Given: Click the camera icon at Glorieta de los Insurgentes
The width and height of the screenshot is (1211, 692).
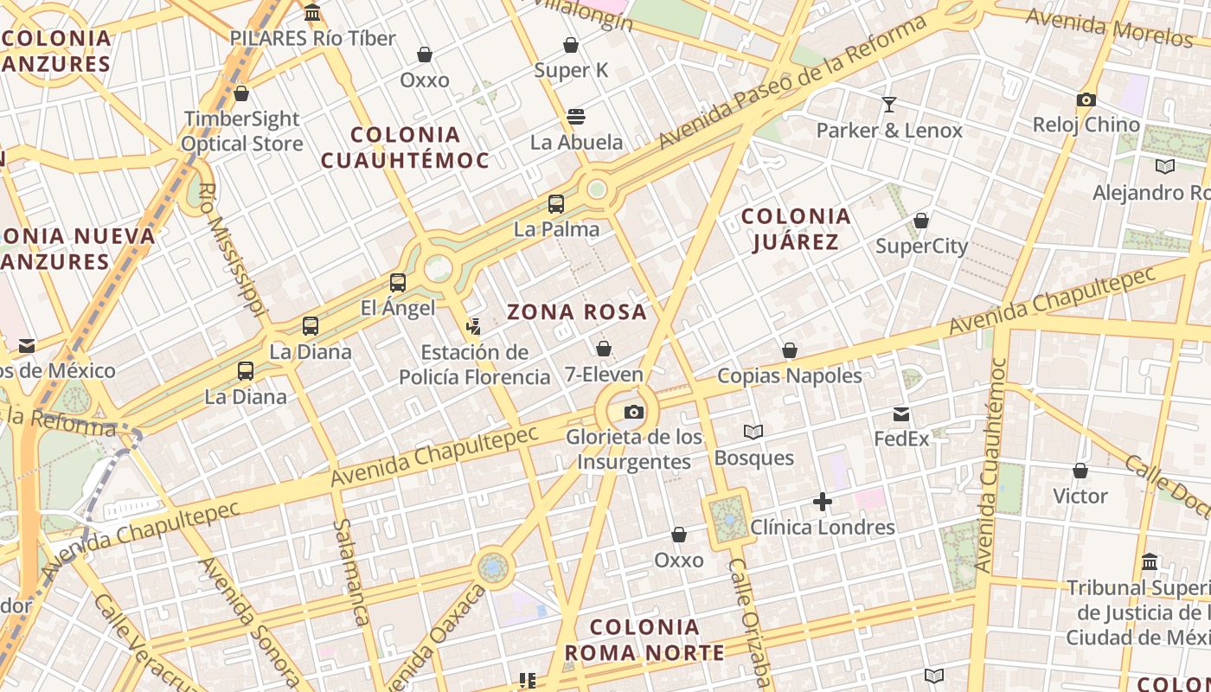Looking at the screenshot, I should (x=634, y=413).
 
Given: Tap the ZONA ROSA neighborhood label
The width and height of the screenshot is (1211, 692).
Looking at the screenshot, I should (x=577, y=312).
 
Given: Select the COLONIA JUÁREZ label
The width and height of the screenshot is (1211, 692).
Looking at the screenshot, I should (x=796, y=228).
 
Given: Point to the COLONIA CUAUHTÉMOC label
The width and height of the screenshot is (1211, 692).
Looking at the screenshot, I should (x=405, y=147).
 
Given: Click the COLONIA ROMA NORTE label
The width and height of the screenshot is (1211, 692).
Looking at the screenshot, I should (x=644, y=639).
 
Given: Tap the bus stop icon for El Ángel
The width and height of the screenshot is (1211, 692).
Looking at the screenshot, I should (x=398, y=282).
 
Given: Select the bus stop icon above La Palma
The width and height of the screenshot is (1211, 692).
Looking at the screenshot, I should (x=556, y=204).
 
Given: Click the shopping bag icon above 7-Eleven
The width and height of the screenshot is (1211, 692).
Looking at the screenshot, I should (x=604, y=349).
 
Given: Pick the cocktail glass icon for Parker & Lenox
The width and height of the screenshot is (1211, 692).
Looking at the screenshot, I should (x=889, y=105).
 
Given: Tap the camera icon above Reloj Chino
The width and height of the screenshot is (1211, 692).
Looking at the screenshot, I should (x=1086, y=99).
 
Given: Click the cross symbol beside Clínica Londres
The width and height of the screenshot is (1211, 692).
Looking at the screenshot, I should (x=823, y=502).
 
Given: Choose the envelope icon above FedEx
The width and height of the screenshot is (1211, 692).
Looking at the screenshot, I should (x=901, y=414).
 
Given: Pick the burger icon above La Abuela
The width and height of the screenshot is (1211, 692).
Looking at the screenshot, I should (x=576, y=117).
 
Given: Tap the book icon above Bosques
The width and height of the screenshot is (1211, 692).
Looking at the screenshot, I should (x=753, y=432).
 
